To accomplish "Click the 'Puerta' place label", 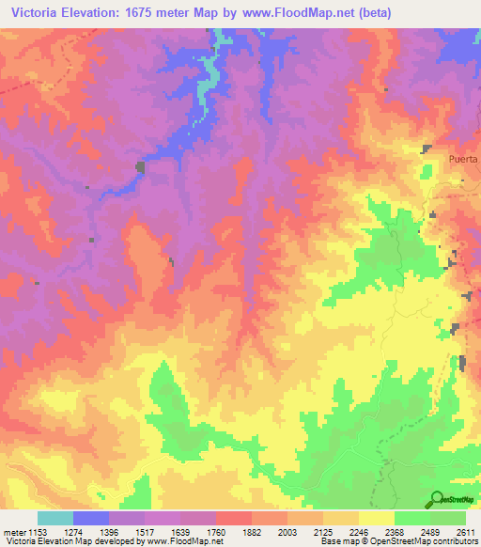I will (x=464, y=159).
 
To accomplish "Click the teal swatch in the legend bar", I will (x=55, y=518).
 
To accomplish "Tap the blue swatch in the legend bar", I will (x=91, y=518).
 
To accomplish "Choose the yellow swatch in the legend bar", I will (x=377, y=518).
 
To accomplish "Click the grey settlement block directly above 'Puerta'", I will (x=427, y=148).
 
